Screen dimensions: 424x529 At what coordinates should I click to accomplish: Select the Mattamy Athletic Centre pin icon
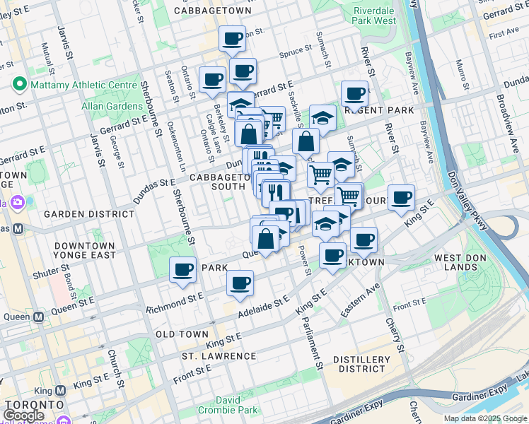(18, 86)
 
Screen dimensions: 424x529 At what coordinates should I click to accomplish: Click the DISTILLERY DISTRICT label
(361, 364)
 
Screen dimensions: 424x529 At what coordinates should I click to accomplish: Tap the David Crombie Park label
(237, 405)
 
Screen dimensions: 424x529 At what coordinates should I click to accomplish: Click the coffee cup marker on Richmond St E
(183, 271)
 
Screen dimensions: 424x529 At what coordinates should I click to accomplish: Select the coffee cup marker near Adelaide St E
(240, 283)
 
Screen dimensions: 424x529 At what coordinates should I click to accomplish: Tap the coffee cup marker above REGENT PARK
(354, 93)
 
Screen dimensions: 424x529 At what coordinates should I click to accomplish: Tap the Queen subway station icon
(6, 317)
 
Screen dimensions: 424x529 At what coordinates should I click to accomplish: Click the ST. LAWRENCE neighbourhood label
(219, 355)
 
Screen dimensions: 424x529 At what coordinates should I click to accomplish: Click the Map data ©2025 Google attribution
(484, 418)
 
